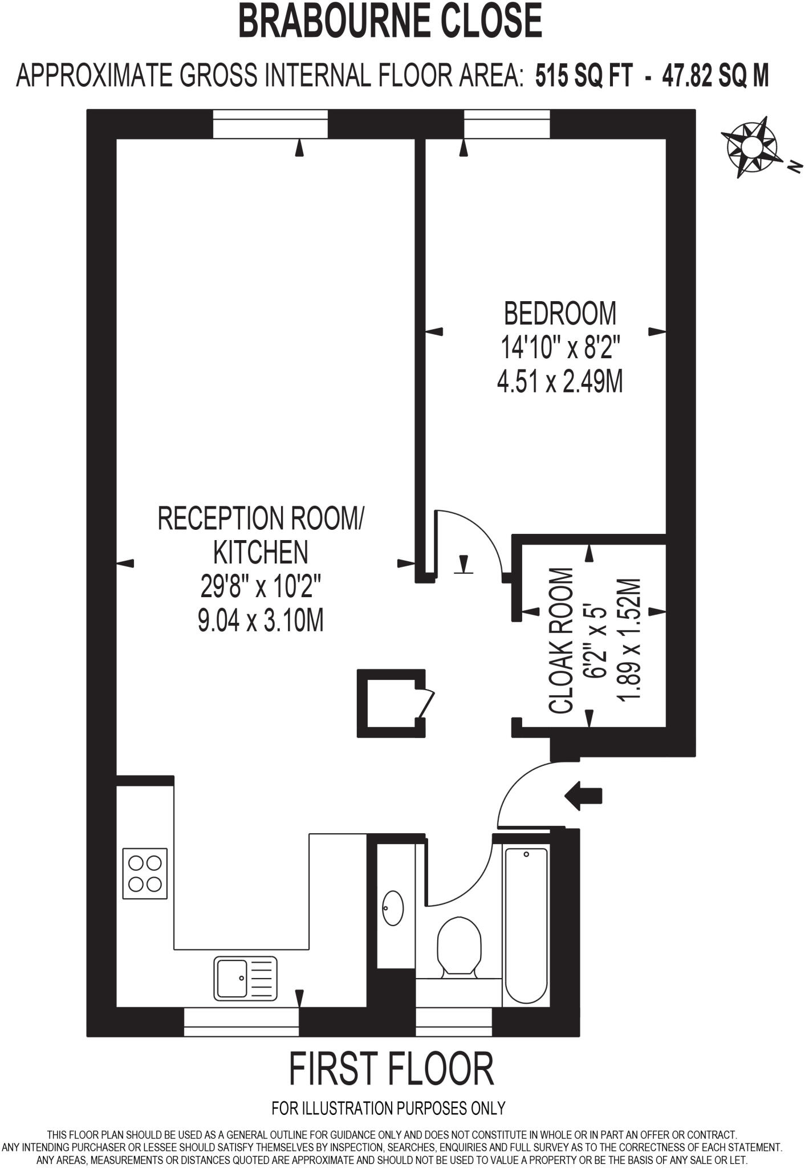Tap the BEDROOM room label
point(560,313)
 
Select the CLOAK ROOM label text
point(562,640)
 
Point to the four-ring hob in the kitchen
point(145,873)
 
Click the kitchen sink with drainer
point(245,979)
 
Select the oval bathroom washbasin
point(393,908)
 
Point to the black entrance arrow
point(583,795)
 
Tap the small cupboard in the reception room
point(391,703)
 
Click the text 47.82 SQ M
point(715,76)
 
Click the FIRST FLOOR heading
point(391,1069)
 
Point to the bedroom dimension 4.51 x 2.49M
point(560,382)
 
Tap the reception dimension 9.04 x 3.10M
point(261,620)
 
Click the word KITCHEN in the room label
point(261,552)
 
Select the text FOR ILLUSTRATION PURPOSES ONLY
point(389,1108)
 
